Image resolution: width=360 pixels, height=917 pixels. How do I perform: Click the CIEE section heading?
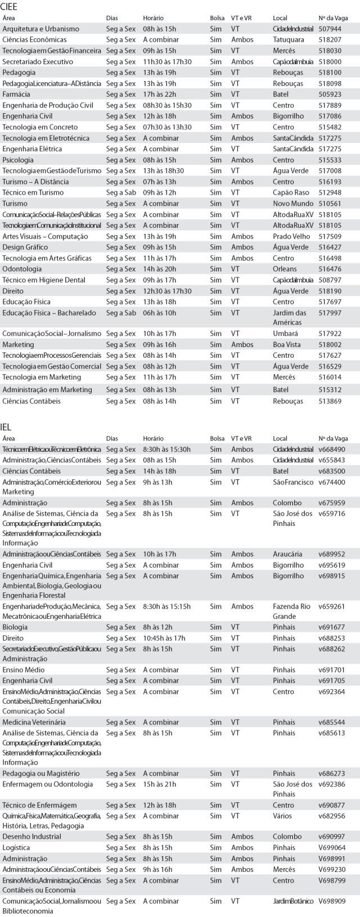coord(9,7)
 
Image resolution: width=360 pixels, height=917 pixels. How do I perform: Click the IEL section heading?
coord(6,427)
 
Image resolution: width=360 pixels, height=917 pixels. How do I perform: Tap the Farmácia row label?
coord(16,94)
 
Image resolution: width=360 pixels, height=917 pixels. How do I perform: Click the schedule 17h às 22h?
coord(160,94)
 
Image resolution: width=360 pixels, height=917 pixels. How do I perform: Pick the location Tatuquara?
coord(288,40)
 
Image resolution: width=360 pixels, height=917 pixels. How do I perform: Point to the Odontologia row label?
coord(22,269)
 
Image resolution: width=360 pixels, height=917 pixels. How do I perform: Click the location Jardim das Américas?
coord(289,317)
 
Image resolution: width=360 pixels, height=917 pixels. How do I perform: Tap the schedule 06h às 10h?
coord(160,313)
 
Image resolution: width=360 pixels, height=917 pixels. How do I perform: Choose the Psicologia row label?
coord(18,160)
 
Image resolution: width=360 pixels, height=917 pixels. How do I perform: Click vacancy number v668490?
coord(332,449)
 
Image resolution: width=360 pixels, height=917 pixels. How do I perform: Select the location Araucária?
coord(287,554)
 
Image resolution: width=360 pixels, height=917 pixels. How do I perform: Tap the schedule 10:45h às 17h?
coord(164,638)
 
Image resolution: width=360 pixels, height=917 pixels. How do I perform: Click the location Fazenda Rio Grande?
coord(291,611)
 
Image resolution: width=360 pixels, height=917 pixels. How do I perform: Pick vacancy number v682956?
coord(331,816)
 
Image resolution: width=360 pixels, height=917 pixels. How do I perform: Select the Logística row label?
coord(16,847)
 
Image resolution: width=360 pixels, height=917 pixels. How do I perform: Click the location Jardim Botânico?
coord(293,901)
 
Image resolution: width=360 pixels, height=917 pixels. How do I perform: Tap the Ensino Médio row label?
coord(24,669)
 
